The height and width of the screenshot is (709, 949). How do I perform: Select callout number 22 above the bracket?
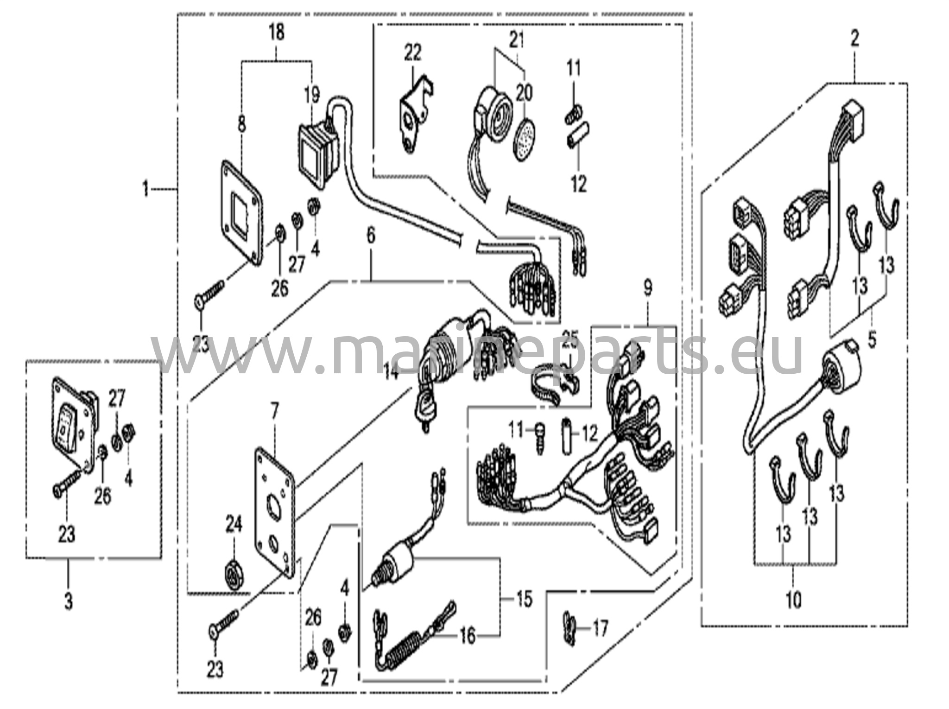click(412, 52)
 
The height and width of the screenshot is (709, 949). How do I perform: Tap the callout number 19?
click(312, 95)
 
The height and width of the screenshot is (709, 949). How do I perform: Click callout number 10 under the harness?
click(793, 600)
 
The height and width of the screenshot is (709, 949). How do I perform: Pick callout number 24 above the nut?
click(234, 525)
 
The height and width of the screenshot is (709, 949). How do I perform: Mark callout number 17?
click(600, 629)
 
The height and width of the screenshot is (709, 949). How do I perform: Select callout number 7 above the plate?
click(275, 411)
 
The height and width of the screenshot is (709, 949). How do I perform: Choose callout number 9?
click(648, 288)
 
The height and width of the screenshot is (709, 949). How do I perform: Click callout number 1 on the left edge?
click(146, 189)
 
